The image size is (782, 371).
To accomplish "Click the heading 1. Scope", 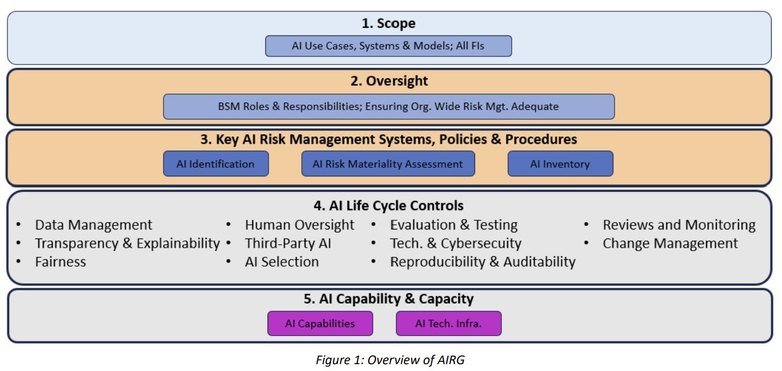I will click(x=388, y=23).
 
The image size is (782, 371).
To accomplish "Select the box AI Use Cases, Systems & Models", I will click(x=388, y=46).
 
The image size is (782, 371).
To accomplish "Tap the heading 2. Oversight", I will click(x=389, y=81).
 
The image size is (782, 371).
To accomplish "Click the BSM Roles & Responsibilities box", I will click(x=388, y=107).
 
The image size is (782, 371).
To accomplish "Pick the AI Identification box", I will click(x=216, y=164).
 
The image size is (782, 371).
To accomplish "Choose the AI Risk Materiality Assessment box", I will click(x=388, y=164).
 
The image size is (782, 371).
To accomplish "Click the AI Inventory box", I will click(x=560, y=164).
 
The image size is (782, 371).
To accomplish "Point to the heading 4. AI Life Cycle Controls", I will click(x=388, y=205).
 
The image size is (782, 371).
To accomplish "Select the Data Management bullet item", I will click(x=94, y=225).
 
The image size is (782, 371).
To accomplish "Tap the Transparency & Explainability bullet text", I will click(x=127, y=244).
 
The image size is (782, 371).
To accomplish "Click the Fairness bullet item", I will click(x=61, y=262).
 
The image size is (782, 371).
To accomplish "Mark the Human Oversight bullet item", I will click(x=300, y=225).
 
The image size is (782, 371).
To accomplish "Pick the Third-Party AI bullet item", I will click(x=288, y=244).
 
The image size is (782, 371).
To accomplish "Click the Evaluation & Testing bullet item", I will click(x=454, y=225).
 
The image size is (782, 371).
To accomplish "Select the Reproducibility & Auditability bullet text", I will click(x=482, y=262).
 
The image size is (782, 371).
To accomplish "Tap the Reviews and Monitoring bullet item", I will click(x=679, y=225).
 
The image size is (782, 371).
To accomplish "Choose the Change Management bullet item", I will click(x=670, y=244).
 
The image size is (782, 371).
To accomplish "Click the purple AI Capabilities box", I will click(x=320, y=324).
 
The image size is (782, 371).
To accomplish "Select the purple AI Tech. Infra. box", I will click(x=448, y=324).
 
